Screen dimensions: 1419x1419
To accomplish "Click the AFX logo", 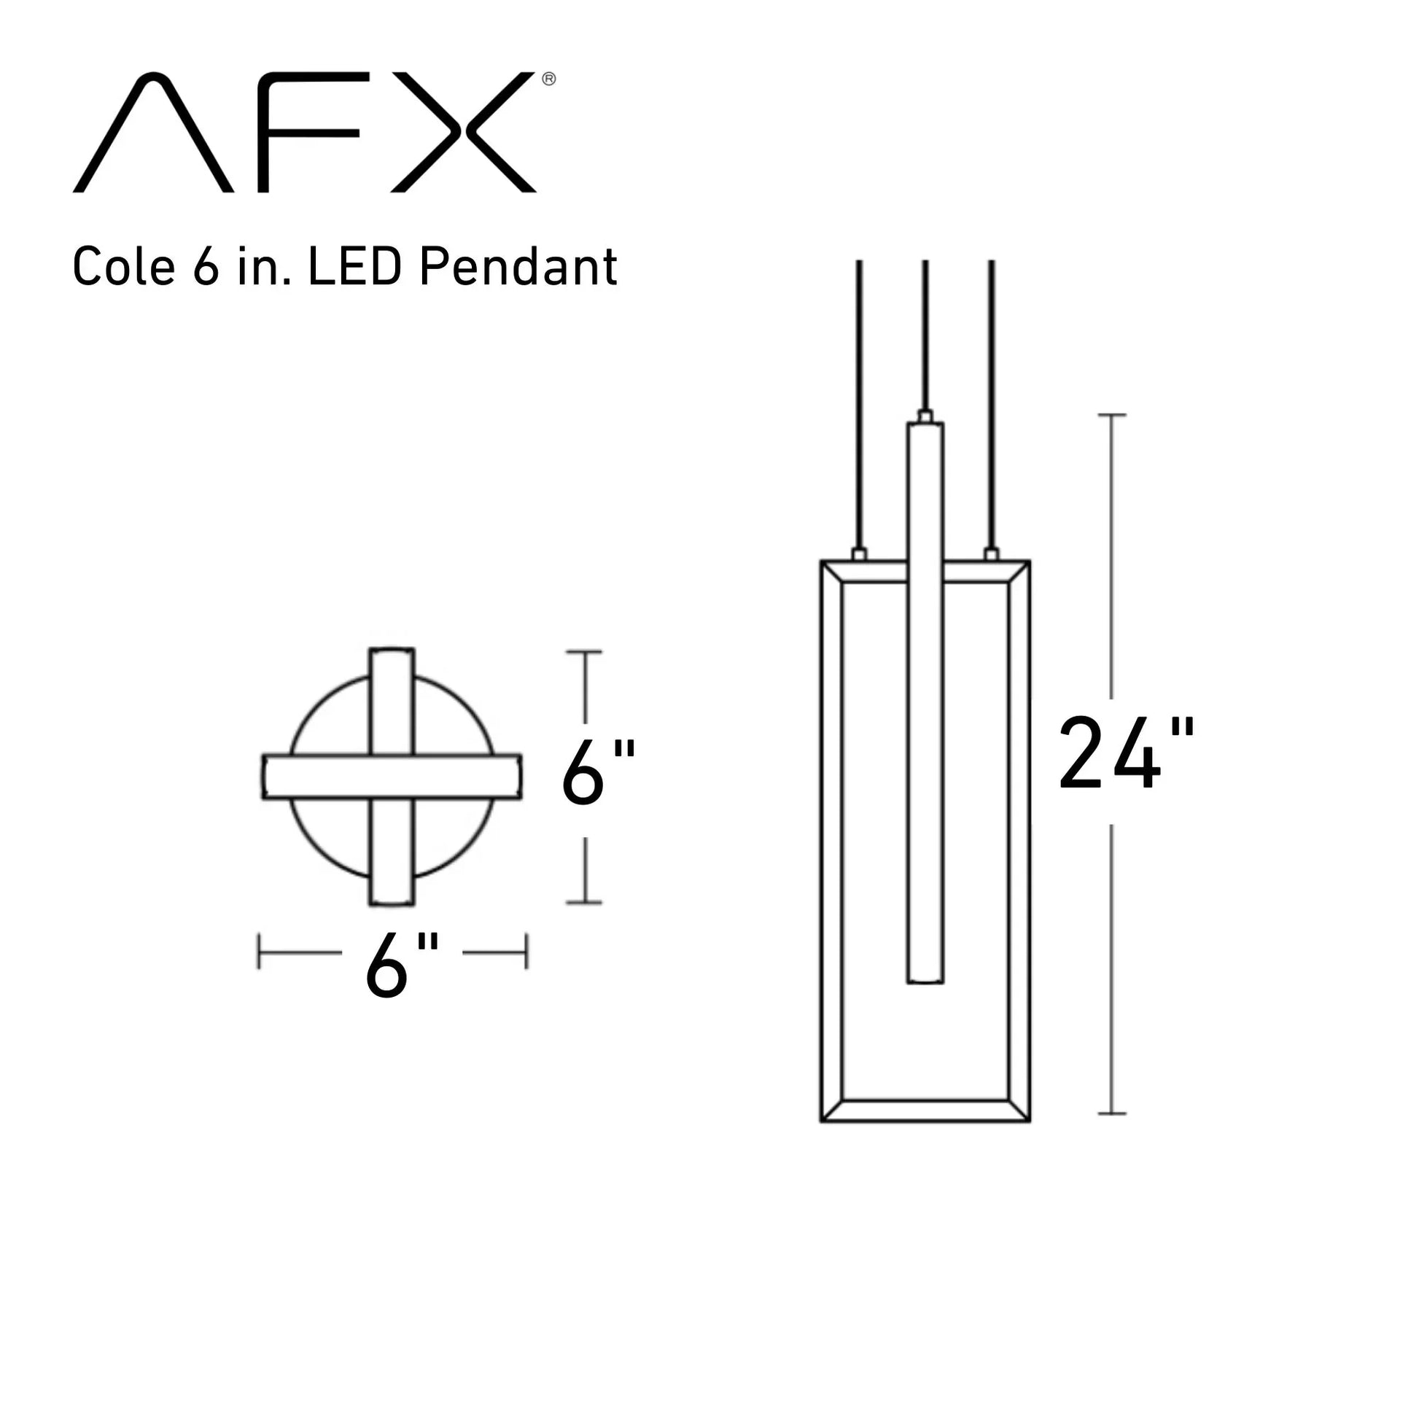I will point(304,132).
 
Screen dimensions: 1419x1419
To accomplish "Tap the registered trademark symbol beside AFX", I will point(548,79).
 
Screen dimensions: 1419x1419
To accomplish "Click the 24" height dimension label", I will point(1126,755).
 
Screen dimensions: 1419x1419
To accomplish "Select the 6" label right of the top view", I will point(598,773).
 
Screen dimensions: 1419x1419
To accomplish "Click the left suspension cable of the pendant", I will point(858,404).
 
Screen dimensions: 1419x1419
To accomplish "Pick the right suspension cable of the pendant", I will point(991,404).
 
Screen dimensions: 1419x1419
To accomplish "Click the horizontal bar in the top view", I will point(392,777).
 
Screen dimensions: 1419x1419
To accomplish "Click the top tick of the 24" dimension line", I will point(1111,415).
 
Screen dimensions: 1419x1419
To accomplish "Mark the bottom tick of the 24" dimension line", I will point(1111,1113).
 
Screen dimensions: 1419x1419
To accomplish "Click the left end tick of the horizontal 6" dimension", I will point(259,952).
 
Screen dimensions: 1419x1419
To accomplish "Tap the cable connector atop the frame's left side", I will point(858,553).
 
